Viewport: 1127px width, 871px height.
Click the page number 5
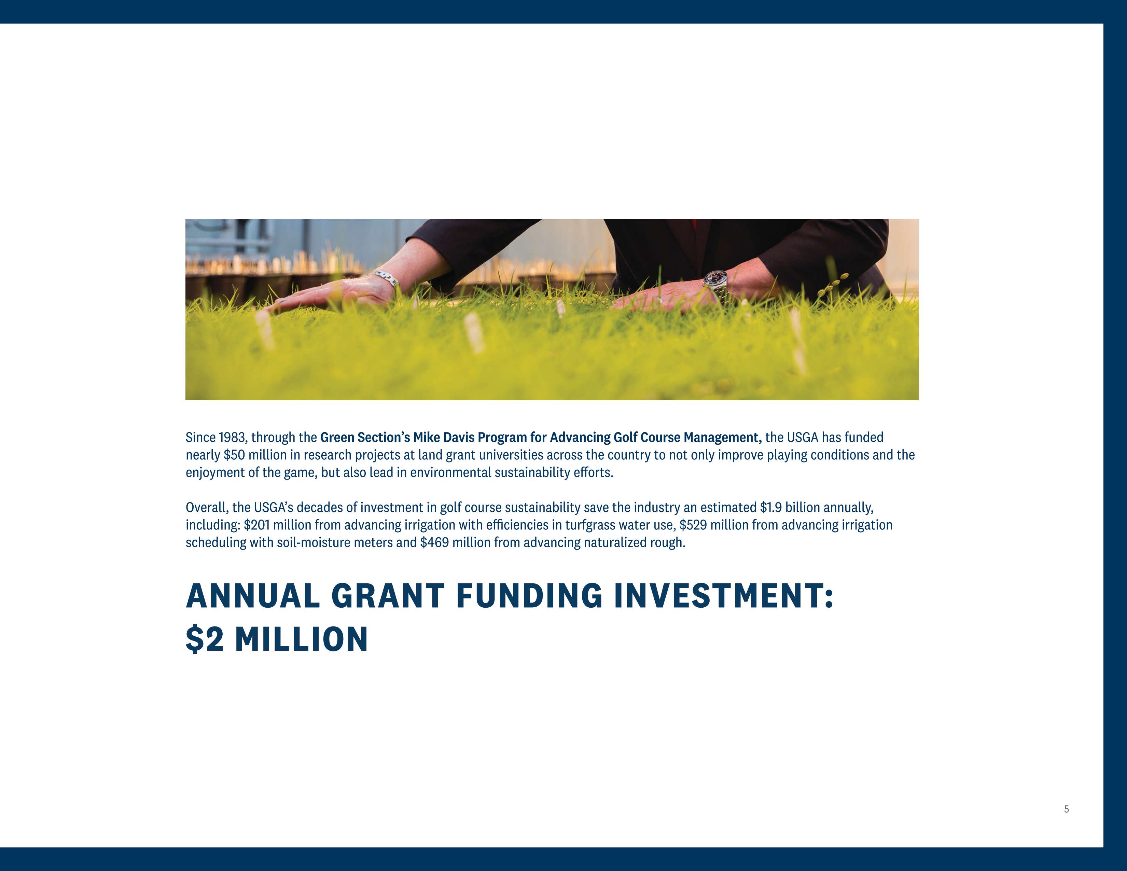click(1066, 809)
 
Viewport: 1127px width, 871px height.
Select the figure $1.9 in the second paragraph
click(771, 508)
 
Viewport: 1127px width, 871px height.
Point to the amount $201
click(256, 525)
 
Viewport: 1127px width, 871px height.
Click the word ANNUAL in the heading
click(253, 596)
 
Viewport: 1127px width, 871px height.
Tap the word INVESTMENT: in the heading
click(723, 596)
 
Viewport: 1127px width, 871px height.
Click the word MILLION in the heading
click(301, 639)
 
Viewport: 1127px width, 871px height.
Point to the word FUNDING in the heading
click(529, 596)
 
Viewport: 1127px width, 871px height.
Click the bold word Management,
click(722, 438)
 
